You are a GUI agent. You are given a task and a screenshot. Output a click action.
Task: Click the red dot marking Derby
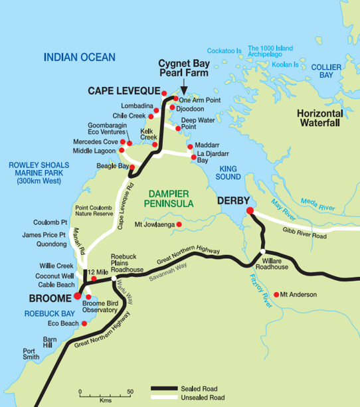pyautogui.click(x=250, y=211)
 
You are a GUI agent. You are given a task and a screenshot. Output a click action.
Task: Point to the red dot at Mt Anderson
pyautogui.click(x=276, y=294)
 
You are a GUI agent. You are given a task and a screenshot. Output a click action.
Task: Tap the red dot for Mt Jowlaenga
pyautogui.click(x=179, y=224)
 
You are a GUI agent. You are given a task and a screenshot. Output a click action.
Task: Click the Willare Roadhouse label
pyautogui.click(x=270, y=264)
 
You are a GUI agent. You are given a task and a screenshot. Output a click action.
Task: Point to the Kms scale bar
pyautogui.click(x=104, y=397)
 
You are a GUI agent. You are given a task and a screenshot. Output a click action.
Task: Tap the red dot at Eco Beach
pyautogui.click(x=84, y=324)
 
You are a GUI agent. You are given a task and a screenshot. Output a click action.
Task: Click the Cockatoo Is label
pyautogui.click(x=225, y=50)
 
